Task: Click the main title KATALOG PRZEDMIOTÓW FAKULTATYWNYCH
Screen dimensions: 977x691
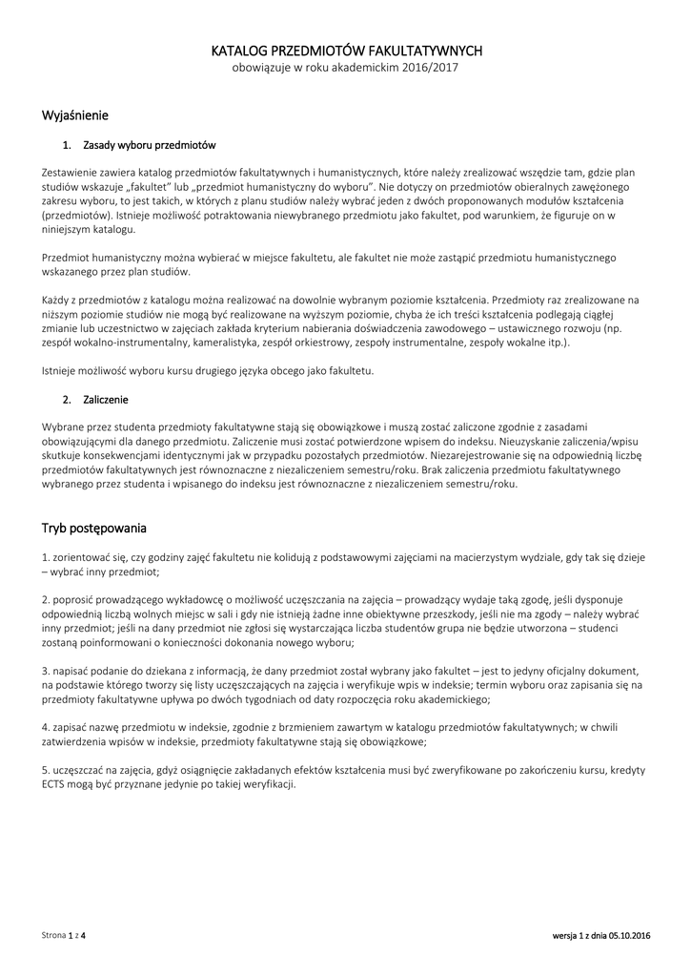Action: click(x=346, y=51)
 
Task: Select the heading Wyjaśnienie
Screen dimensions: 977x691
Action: click(x=75, y=115)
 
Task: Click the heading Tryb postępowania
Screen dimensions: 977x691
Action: click(x=93, y=528)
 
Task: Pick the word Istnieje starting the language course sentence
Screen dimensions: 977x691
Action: click(x=61, y=370)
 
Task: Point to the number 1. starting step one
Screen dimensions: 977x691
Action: click(x=46, y=557)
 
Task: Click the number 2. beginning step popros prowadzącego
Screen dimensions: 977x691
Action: click(x=46, y=599)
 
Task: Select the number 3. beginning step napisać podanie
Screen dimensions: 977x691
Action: click(x=46, y=672)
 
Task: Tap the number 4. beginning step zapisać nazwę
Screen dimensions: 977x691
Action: click(x=46, y=727)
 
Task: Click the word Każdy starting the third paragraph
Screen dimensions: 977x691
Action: click(x=58, y=300)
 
